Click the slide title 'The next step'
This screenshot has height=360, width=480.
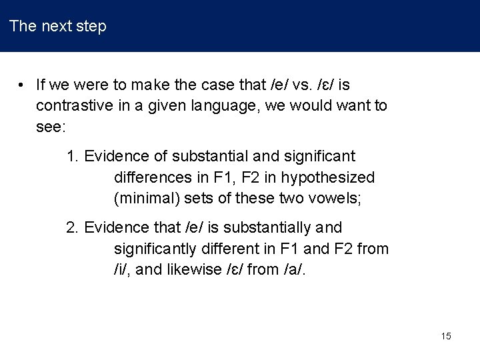coord(58,27)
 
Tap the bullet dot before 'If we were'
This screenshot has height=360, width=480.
coord(22,85)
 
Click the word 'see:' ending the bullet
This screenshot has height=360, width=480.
coord(50,127)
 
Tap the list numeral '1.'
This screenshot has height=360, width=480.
coord(73,157)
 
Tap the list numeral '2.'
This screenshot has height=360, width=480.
coord(73,228)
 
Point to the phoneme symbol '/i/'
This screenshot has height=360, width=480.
coord(121,269)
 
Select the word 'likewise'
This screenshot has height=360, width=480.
coord(193,269)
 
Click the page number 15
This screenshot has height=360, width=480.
coord(446,336)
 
